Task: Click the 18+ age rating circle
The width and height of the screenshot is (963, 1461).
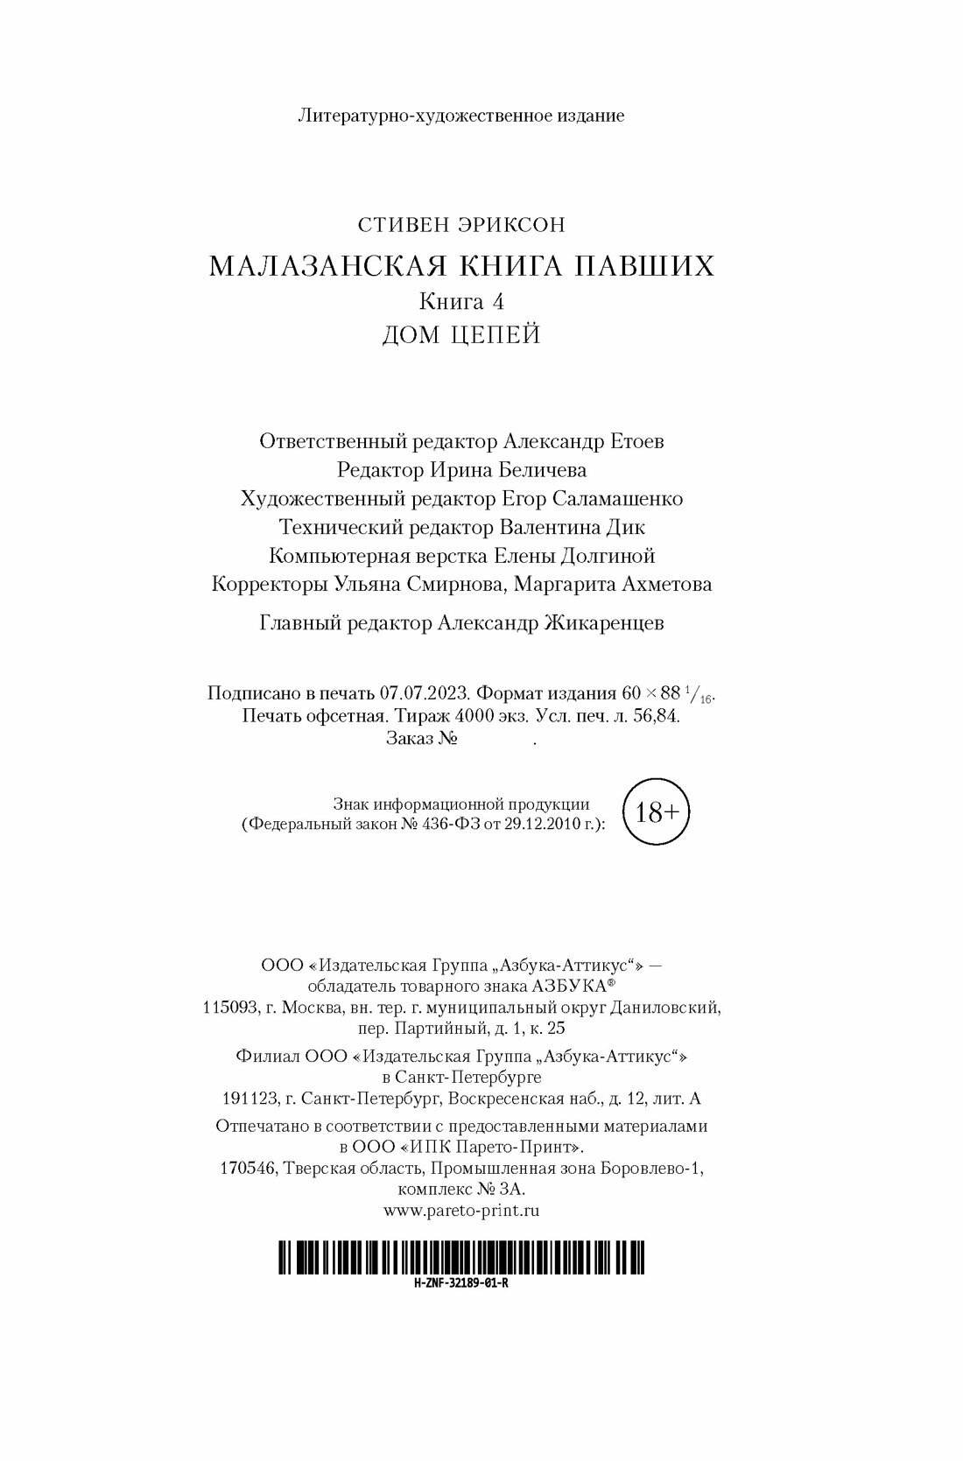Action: click(x=657, y=812)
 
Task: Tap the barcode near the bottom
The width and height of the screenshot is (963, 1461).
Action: click(x=461, y=1258)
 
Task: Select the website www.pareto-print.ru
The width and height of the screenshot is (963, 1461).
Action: click(x=461, y=1211)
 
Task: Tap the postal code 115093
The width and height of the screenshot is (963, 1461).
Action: click(x=230, y=1008)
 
